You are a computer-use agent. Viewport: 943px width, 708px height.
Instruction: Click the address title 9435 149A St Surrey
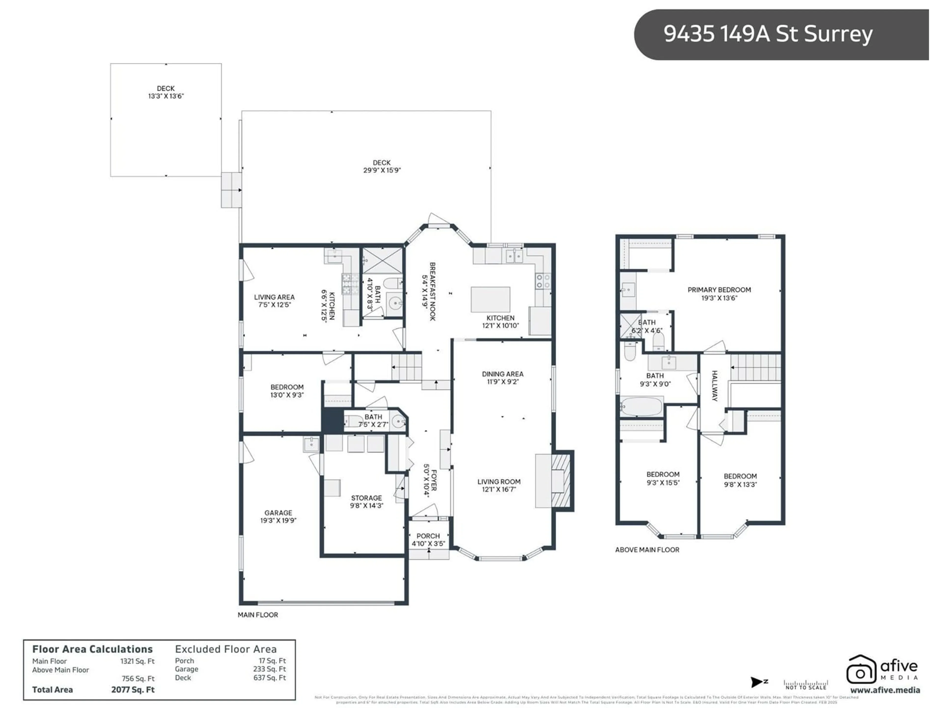767,34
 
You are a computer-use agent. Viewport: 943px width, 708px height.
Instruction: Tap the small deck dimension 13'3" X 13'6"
166,96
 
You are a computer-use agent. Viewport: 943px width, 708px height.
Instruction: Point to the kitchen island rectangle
490,299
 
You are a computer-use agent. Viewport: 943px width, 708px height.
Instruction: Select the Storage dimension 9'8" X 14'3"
367,506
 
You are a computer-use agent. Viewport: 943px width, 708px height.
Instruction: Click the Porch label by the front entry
428,536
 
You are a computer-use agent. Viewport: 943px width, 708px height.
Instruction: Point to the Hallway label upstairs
715,386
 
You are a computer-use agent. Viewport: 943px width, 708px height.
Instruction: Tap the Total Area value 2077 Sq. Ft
133,690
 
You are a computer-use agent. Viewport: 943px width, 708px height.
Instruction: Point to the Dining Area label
503,374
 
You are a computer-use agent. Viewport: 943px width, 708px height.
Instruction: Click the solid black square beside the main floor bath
332,420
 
